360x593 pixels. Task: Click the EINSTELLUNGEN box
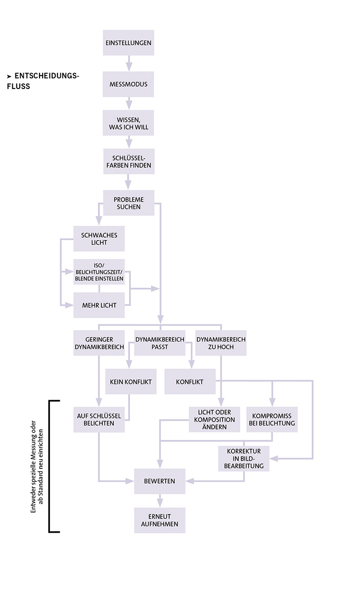(129, 43)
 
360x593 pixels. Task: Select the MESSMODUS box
(129, 85)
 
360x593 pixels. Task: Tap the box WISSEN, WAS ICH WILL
(129, 123)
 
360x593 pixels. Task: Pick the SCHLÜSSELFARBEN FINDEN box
(129, 161)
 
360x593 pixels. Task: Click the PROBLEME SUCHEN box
(129, 203)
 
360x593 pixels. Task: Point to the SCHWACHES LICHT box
(99, 239)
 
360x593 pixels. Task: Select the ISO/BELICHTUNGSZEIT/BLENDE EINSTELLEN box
(99, 272)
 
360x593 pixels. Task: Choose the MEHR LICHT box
(99, 305)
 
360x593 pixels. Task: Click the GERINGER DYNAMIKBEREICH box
(98, 343)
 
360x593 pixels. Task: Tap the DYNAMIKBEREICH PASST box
(160, 343)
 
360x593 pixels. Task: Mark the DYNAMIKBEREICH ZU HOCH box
(221, 343)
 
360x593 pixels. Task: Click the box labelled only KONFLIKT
(190, 381)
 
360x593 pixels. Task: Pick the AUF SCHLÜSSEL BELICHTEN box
(99, 419)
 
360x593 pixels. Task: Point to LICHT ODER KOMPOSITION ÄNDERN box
(214, 419)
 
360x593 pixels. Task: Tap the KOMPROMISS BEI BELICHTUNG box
(272, 419)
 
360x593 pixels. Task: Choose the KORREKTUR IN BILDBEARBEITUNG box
(244, 458)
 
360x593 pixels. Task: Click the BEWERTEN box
(159, 481)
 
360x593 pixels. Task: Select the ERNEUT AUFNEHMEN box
(159, 520)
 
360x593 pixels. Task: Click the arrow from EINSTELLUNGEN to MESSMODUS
(129, 63)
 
